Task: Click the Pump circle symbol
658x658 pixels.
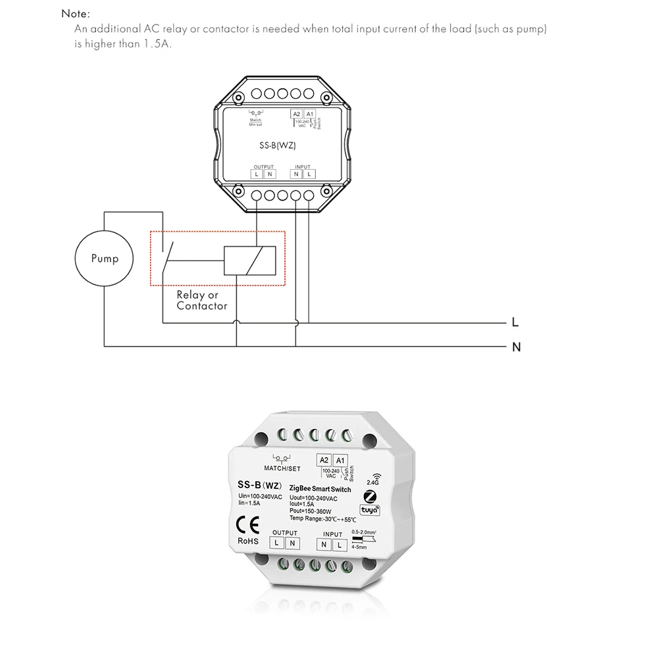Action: tap(105, 258)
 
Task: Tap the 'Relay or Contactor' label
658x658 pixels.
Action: tap(201, 301)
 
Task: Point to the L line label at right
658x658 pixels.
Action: tap(515, 323)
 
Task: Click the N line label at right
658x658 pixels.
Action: tap(516, 347)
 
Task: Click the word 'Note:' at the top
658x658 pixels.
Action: tap(76, 13)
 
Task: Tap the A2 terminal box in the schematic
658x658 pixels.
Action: tap(297, 114)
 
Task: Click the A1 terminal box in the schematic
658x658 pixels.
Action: tap(309, 114)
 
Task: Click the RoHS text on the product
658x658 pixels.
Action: tap(249, 542)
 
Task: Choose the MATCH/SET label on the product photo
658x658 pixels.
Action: tap(282, 468)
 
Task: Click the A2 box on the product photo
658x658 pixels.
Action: tap(324, 460)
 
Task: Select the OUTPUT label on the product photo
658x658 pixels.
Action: tap(285, 533)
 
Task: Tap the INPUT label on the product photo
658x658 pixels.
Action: tap(332, 534)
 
